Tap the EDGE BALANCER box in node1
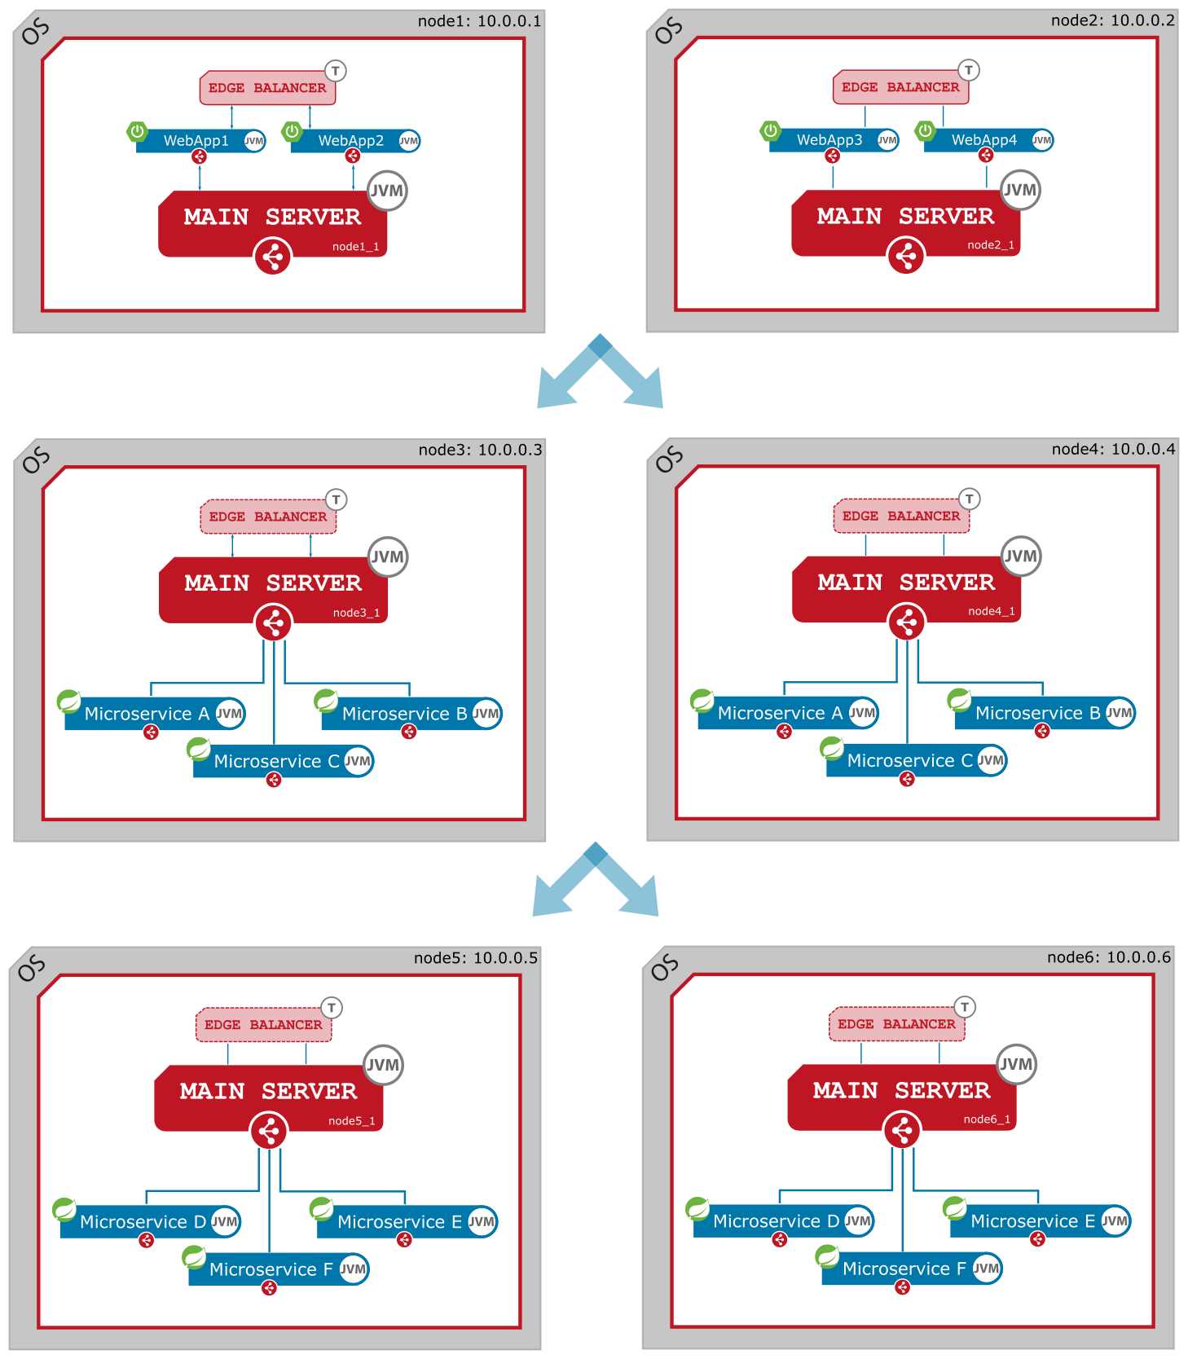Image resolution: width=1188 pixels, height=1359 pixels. pos(267,88)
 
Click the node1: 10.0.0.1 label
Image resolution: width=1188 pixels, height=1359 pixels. pos(479,21)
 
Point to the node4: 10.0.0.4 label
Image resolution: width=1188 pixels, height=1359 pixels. pos(1113,449)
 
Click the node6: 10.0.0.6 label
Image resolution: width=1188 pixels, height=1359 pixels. pos(1109,957)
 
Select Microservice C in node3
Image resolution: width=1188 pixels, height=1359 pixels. pos(276,762)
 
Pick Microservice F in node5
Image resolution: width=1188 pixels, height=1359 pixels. pos(271,1269)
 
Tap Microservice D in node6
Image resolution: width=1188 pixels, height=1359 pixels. pos(776,1221)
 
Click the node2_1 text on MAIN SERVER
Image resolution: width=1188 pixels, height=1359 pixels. pos(991,245)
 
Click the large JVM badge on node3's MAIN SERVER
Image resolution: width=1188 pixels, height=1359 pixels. pos(388,557)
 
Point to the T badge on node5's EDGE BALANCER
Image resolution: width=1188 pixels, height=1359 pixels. pos(332,1008)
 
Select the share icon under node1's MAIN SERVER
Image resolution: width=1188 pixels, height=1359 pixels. pos(273,257)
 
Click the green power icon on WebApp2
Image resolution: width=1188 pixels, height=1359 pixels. pos(292,131)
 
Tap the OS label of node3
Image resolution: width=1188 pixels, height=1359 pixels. pos(35,461)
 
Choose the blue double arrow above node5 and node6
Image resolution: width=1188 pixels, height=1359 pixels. pos(596,881)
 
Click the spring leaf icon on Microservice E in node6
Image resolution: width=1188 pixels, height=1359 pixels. pos(954,1207)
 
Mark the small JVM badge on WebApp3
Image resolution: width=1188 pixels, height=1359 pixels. pos(887,140)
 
